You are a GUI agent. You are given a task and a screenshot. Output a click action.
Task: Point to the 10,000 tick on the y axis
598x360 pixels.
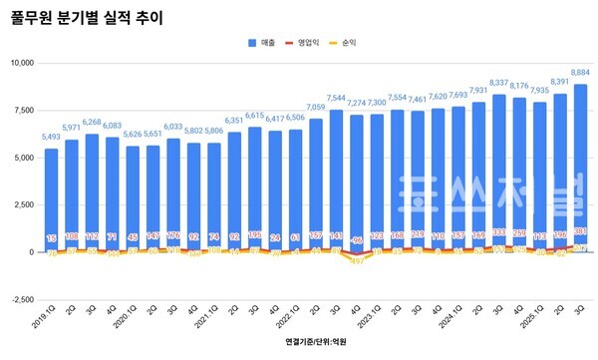pos(20,63)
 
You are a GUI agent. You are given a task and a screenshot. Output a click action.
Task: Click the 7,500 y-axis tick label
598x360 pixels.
pos(22,110)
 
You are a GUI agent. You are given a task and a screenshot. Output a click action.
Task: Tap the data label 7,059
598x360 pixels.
pos(315,107)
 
